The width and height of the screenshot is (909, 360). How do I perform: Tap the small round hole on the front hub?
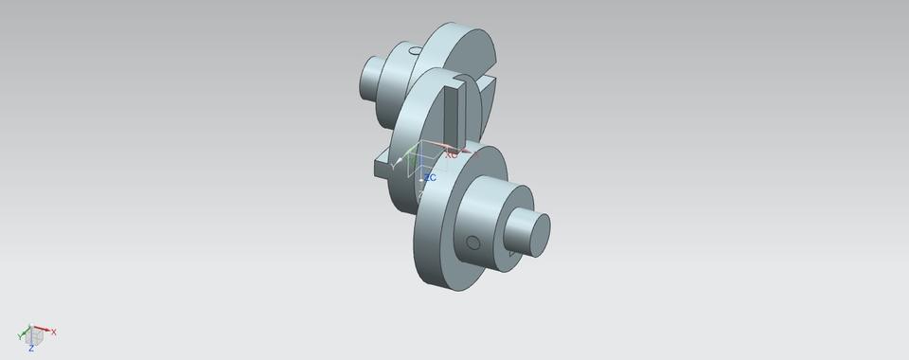472,243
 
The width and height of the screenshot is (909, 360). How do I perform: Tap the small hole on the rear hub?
415,51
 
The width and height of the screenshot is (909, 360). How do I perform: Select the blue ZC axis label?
429,177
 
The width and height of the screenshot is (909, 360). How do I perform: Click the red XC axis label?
452,153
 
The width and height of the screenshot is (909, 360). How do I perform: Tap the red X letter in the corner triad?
54,332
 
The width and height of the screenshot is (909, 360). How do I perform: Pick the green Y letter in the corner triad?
20,337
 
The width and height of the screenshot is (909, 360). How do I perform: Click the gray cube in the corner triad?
36,335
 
